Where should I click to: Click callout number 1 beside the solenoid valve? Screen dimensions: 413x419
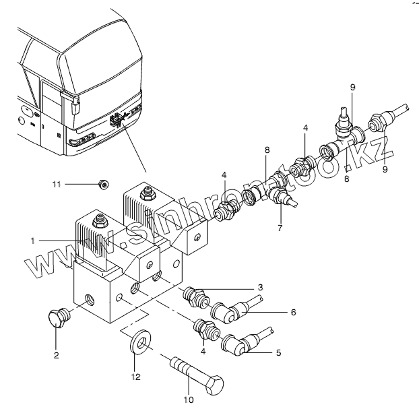click(x=32, y=240)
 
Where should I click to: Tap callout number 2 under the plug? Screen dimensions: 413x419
click(x=57, y=355)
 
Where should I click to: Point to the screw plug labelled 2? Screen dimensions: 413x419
click(x=57, y=319)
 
